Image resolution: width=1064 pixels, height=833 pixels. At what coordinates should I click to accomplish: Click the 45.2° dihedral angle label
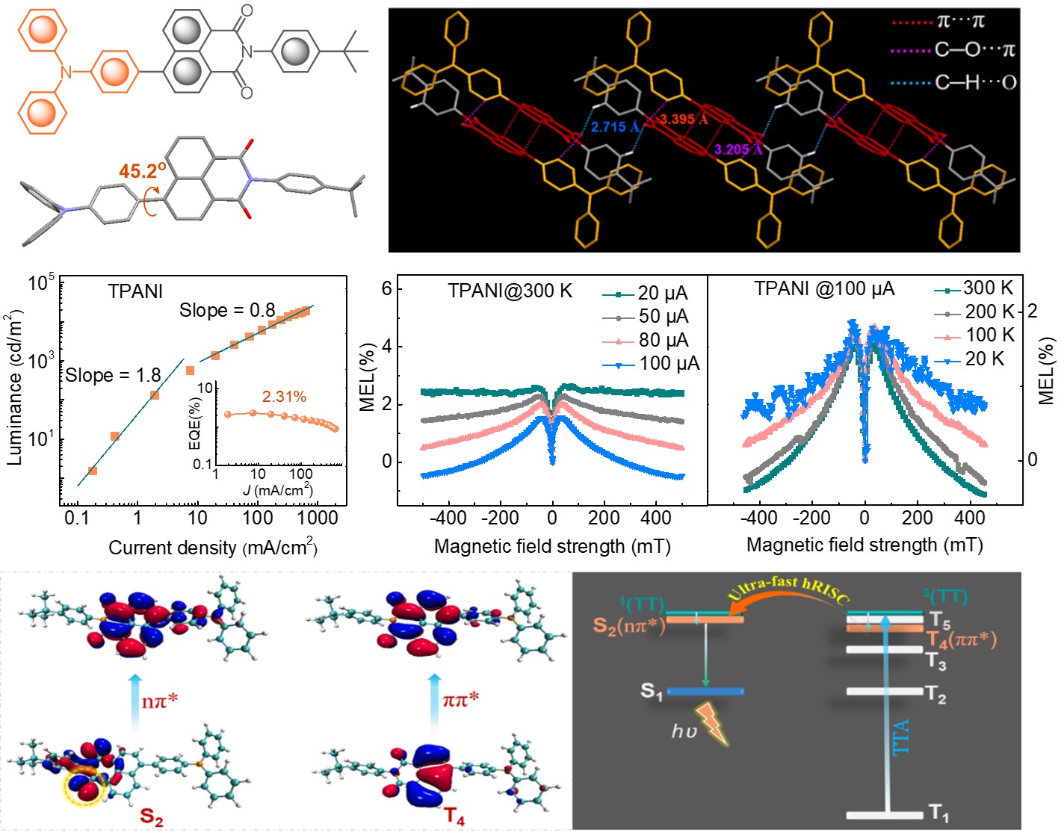142,171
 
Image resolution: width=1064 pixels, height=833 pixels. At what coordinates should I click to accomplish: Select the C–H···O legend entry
954,82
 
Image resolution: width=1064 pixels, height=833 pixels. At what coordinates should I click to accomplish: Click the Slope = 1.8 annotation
112,375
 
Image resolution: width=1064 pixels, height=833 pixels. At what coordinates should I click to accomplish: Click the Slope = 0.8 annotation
227,310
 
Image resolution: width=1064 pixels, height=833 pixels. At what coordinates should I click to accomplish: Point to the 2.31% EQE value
284,397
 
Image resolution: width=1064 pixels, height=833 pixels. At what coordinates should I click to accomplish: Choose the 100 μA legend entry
652,364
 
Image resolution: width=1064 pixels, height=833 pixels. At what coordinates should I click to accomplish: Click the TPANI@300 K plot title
510,291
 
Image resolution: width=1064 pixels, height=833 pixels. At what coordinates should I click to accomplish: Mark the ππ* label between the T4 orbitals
460,700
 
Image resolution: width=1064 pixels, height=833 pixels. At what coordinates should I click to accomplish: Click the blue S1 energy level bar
705,692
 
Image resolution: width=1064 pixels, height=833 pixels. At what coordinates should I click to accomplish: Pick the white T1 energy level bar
885,814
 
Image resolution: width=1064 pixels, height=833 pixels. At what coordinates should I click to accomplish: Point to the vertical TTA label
901,736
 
